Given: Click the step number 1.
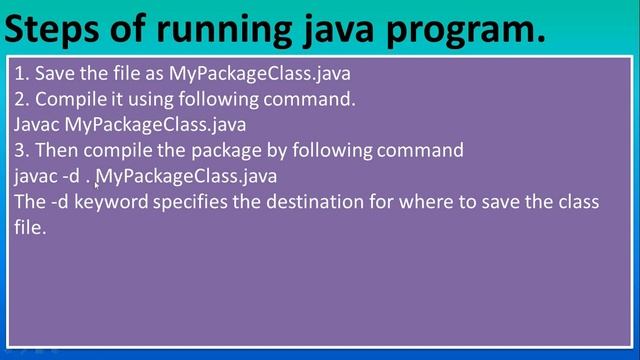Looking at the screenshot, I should pyautogui.click(x=20, y=73).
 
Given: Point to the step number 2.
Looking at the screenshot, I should pyautogui.click(x=20, y=99).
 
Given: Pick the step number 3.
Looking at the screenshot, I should pyautogui.click(x=20, y=150).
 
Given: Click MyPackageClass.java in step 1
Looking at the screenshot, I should pyautogui.click(x=260, y=74).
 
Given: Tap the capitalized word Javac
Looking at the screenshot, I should pyautogui.click(x=37, y=125).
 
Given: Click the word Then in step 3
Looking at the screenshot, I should pyautogui.click(x=56, y=150).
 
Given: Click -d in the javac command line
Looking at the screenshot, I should pyautogui.click(x=72, y=176).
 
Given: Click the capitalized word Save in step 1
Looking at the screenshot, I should pyautogui.click(x=53, y=73).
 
